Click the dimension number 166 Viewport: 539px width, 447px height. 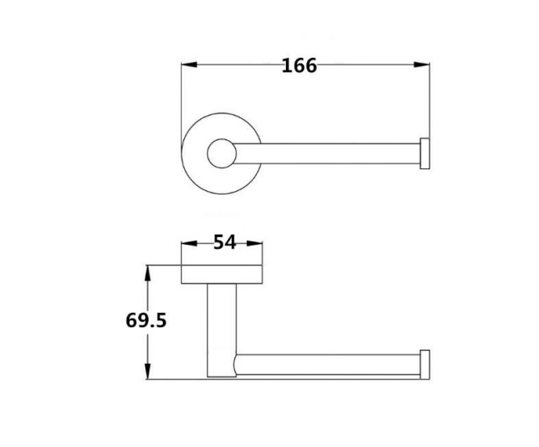click(300, 65)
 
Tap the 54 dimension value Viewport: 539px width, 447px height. click(223, 242)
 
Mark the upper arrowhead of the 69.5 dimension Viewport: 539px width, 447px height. click(149, 271)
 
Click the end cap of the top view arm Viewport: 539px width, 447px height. click(426, 153)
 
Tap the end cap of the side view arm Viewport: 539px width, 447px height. click(426, 364)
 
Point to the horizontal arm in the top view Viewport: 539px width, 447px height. click(331, 153)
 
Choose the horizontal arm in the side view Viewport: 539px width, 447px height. click(331, 364)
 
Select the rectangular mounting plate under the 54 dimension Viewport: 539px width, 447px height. click(223, 274)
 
